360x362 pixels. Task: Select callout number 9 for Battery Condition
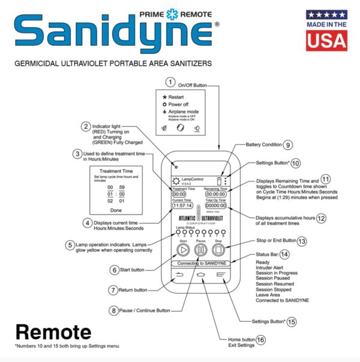click(288, 144)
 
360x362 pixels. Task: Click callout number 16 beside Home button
click(260, 339)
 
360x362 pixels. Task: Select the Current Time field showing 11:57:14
click(181, 205)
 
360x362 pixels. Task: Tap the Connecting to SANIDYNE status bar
click(199, 264)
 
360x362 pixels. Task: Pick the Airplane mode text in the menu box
click(184, 112)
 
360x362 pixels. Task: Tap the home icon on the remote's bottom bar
click(200, 276)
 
